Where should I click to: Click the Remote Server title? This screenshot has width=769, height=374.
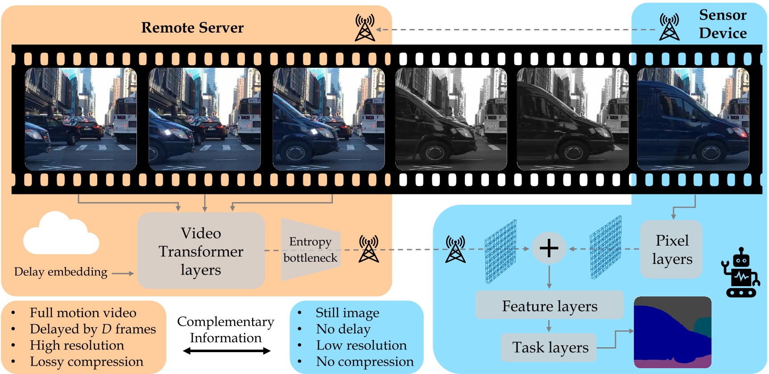[x=192, y=28]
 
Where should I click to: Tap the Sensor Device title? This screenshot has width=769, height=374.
[x=723, y=24]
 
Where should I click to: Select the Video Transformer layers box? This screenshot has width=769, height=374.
[x=201, y=251]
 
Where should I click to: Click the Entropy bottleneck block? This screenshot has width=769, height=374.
[x=310, y=250]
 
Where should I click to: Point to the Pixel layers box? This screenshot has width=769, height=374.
[x=672, y=250]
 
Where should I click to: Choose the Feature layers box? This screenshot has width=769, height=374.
[x=550, y=306]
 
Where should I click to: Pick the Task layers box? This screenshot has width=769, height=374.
[x=550, y=347]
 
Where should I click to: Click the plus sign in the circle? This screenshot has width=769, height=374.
[x=549, y=248]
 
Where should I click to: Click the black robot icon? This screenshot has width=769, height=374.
[x=740, y=273]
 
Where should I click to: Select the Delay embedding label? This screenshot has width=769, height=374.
[x=61, y=272]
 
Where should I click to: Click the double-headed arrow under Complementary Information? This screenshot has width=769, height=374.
[x=227, y=351]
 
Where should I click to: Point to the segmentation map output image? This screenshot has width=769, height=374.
[x=672, y=332]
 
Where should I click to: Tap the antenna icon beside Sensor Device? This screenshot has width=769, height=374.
[x=669, y=27]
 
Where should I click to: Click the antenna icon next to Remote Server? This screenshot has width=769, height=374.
[x=365, y=28]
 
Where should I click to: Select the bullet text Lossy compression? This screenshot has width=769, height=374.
[x=87, y=362]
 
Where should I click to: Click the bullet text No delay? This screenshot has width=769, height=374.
[x=343, y=329]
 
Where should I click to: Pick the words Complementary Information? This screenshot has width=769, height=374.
[x=226, y=330]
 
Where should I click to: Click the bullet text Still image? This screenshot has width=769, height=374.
[x=347, y=313]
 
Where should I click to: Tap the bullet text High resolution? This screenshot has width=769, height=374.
[x=77, y=345]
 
